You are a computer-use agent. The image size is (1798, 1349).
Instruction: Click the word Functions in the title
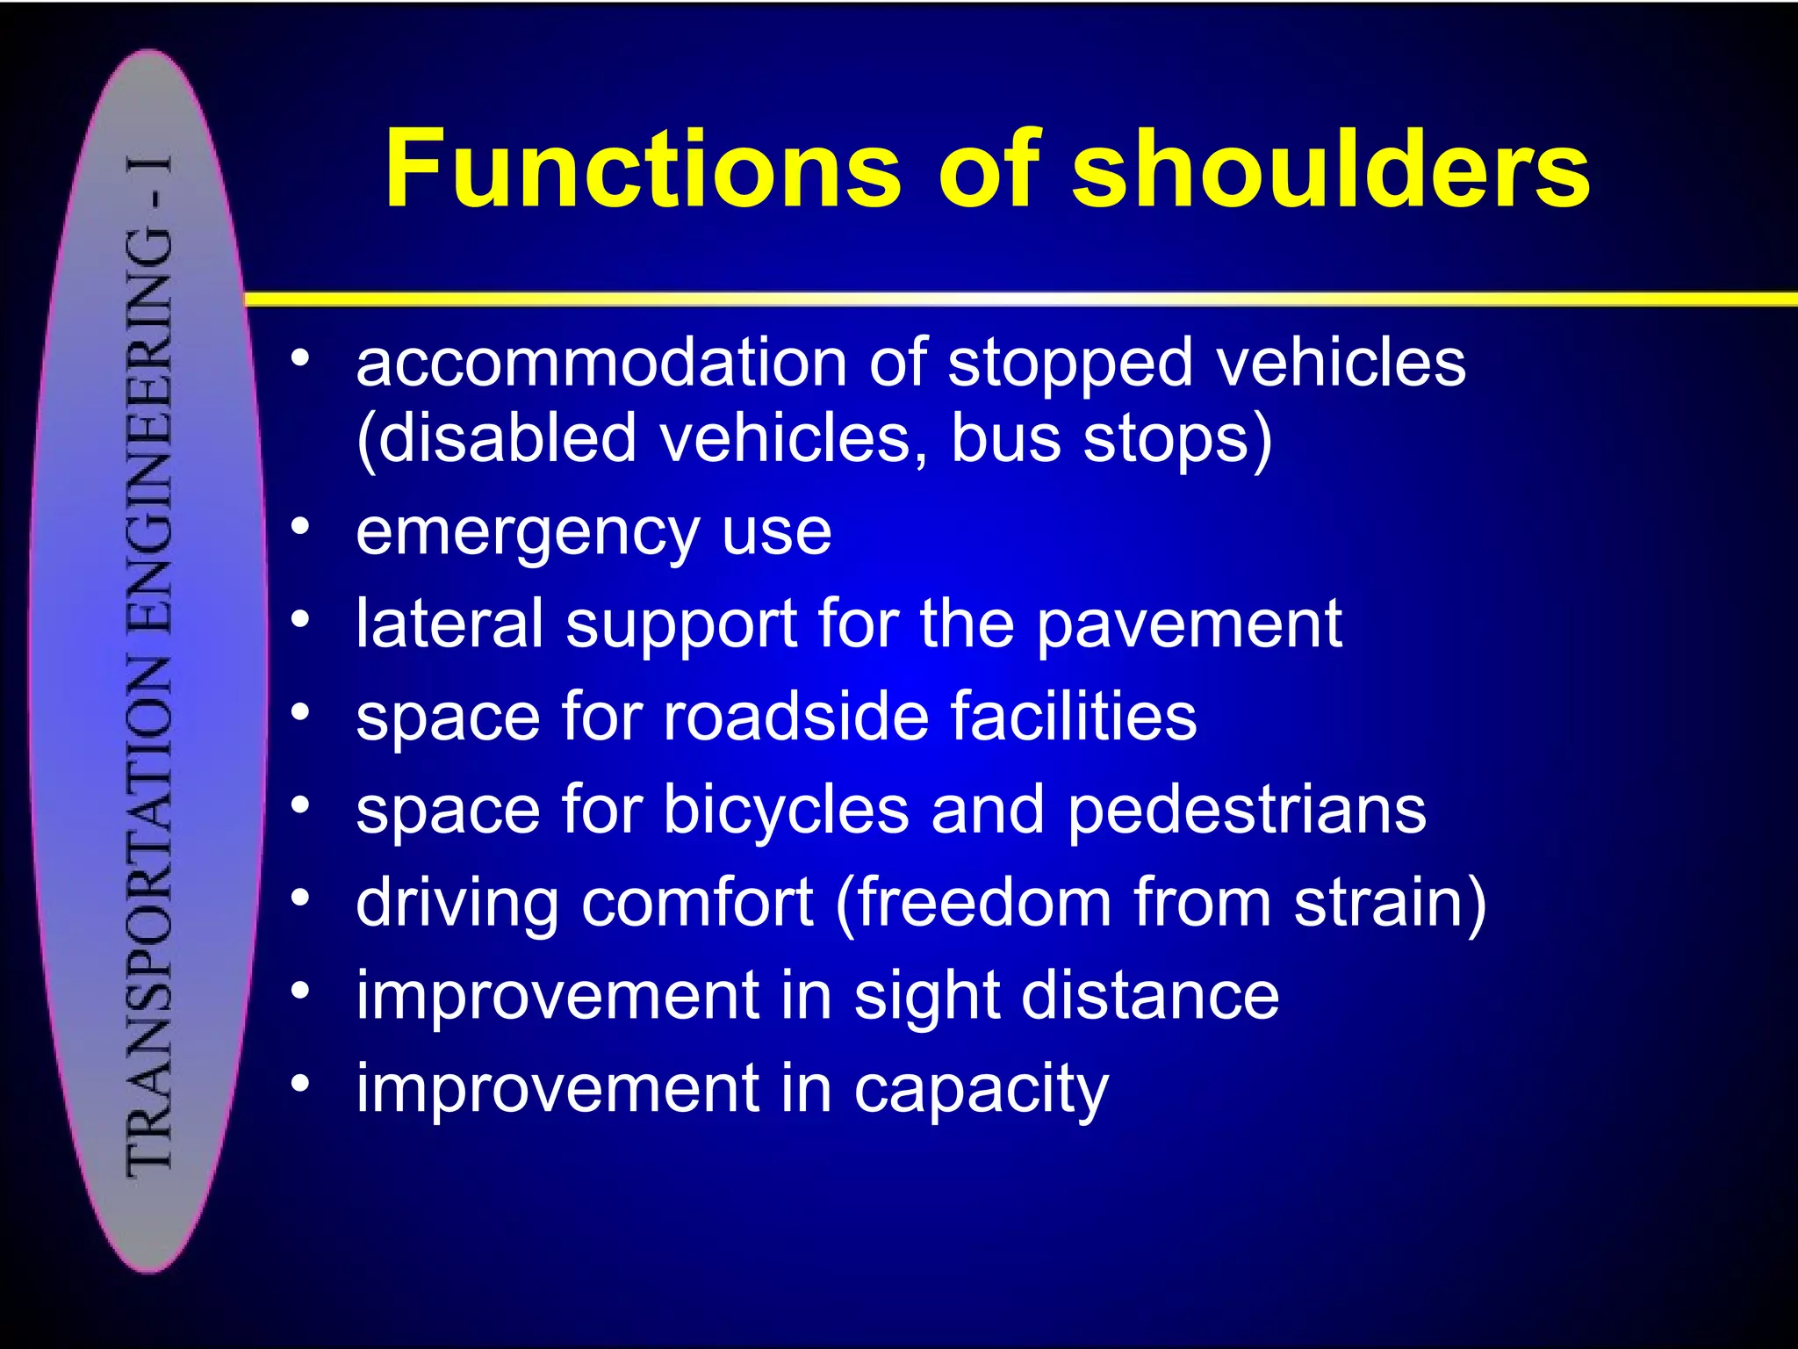point(642,169)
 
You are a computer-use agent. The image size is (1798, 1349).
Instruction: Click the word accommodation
point(601,363)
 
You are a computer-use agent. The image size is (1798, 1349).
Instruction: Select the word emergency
point(526,533)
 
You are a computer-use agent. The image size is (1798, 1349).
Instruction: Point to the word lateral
point(449,624)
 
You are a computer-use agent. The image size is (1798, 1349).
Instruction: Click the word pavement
point(1189,625)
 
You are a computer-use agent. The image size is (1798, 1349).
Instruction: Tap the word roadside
point(795,716)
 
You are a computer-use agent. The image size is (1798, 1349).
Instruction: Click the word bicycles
point(785,810)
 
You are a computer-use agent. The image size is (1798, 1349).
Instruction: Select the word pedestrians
point(1247,810)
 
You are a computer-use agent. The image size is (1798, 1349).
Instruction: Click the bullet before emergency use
point(300,527)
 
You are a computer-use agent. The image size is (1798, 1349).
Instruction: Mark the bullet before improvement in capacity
point(300,1084)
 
